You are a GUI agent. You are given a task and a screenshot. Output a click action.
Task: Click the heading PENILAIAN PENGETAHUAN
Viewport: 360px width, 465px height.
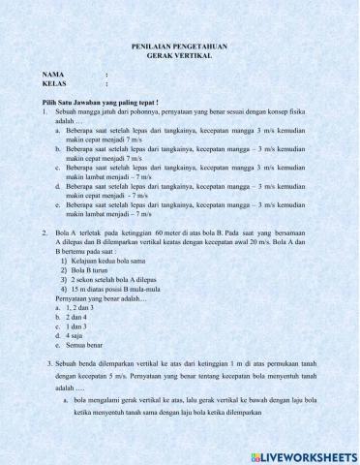(179, 46)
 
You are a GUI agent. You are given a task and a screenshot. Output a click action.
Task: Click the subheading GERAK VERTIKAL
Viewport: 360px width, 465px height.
(179, 55)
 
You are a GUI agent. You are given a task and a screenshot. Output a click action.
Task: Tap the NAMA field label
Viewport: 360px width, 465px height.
(53, 75)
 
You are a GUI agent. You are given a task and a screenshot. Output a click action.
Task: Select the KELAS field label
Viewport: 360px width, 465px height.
(55, 84)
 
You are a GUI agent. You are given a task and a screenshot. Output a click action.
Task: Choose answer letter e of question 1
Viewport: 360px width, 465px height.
(58, 205)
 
